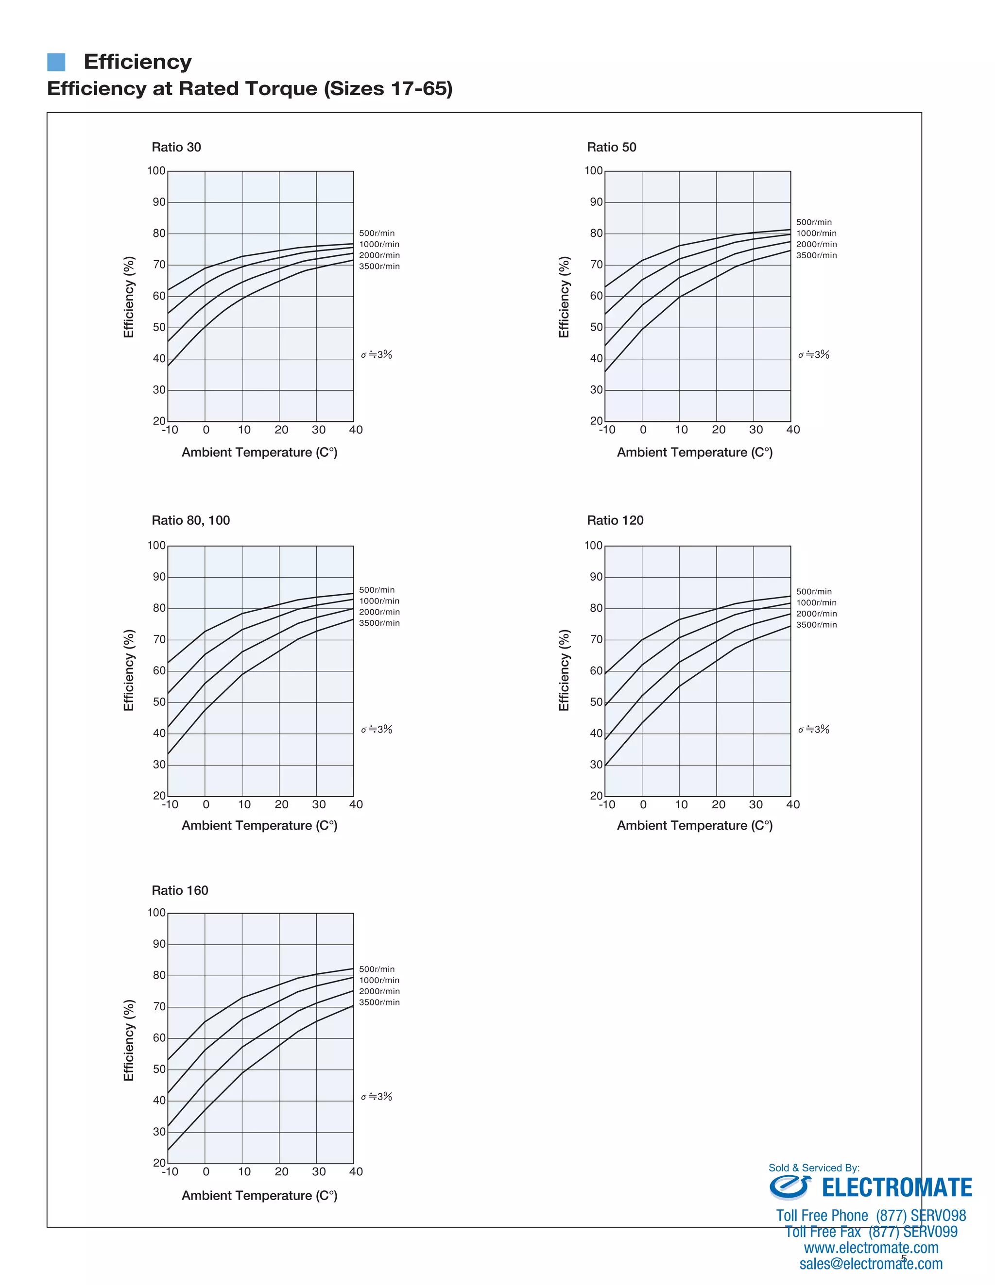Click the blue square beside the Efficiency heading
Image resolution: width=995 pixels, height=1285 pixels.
point(56,62)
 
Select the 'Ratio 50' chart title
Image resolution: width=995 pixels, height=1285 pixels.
point(611,147)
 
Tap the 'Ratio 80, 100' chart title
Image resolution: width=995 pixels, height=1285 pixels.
point(191,520)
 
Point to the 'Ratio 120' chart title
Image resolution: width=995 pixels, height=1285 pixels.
point(615,520)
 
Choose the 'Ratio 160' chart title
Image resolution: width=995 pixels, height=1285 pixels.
point(180,890)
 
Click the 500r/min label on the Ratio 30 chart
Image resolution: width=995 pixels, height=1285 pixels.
point(377,233)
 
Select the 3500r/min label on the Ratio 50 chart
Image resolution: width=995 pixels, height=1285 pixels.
point(816,255)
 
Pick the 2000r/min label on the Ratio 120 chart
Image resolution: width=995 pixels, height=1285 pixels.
point(816,614)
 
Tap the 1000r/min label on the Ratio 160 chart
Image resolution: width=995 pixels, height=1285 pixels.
point(379,980)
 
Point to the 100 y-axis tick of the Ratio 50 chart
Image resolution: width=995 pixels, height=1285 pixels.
point(594,170)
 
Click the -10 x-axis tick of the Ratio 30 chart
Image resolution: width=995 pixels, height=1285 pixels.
point(170,430)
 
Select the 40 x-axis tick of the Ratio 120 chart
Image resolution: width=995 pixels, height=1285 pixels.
point(792,804)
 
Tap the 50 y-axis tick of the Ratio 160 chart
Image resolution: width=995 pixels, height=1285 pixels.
point(159,1069)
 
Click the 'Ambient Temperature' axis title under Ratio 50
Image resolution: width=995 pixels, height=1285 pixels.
point(694,452)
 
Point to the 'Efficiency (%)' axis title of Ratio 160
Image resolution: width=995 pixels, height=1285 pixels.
point(129,1040)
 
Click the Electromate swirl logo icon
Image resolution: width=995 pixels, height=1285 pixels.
point(789,1187)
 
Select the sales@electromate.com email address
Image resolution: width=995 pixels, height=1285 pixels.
point(871,1263)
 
